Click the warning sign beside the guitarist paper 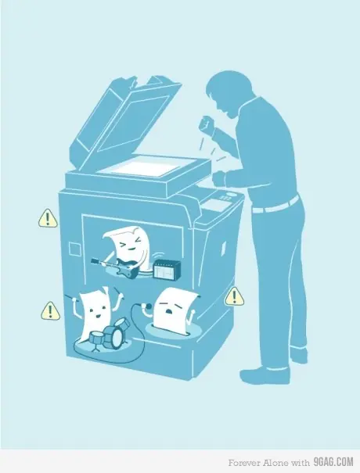[48, 218]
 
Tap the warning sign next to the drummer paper [50, 311]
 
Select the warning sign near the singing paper [234, 296]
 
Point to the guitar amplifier [167, 270]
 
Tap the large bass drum [114, 337]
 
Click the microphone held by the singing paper [147, 306]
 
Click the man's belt [275, 206]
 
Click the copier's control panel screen [216, 205]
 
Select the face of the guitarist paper [131, 245]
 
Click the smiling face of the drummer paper [96, 312]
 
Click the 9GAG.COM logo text [333, 462]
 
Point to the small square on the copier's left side [74, 249]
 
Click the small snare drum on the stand [96, 337]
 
